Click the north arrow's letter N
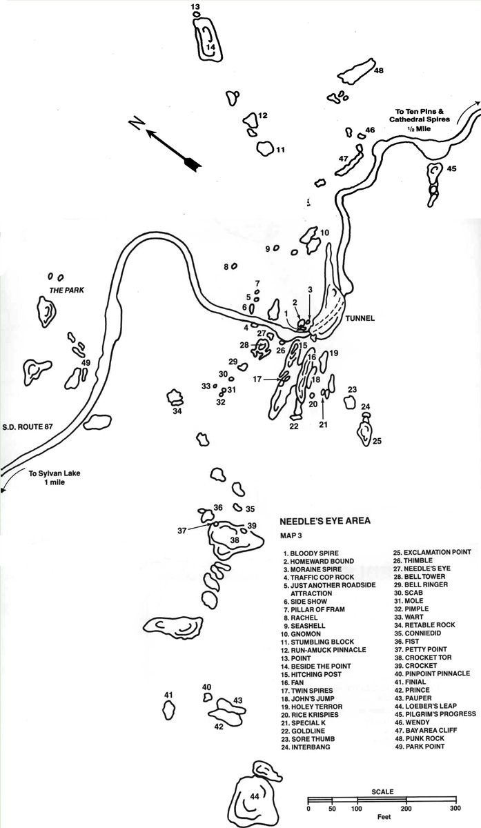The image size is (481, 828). click(137, 122)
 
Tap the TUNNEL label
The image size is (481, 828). click(360, 318)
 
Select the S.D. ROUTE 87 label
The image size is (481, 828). click(28, 427)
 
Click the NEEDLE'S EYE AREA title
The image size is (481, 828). click(324, 521)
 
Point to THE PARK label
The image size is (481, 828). click(66, 290)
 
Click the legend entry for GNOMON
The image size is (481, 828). click(301, 634)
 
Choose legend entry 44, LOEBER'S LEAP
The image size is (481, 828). click(426, 706)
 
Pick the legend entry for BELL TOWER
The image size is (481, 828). click(420, 577)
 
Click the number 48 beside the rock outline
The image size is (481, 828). click(379, 70)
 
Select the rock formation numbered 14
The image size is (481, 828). click(208, 39)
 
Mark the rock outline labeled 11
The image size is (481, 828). click(266, 148)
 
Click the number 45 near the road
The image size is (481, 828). click(451, 168)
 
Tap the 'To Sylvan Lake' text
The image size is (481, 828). click(55, 473)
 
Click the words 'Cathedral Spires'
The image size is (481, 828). click(420, 119)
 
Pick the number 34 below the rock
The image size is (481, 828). click(177, 411)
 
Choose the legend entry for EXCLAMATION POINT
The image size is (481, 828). click(432, 552)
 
